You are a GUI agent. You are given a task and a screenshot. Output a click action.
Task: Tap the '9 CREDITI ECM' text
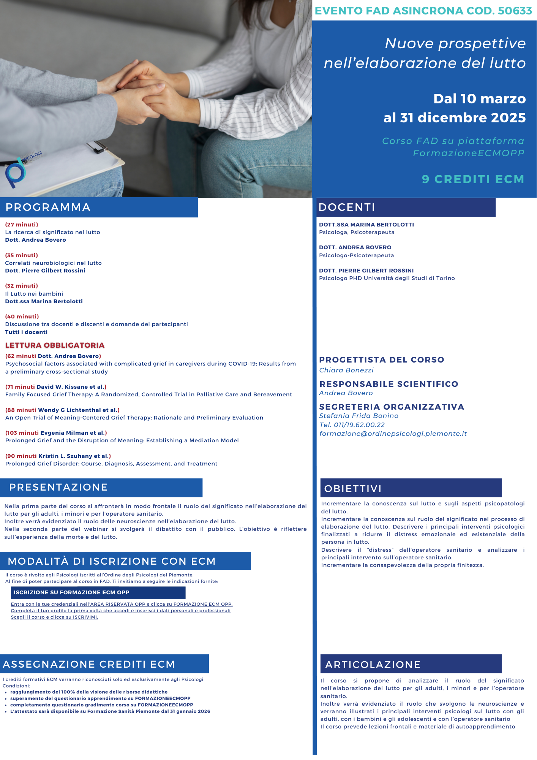pos(473,179)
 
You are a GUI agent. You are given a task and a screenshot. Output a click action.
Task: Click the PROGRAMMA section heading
pos(48,207)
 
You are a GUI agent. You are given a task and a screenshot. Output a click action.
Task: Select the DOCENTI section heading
pos(347,207)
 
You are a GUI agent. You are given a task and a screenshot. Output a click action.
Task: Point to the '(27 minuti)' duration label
pos(22,225)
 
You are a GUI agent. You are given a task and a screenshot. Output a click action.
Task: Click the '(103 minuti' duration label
pos(22,433)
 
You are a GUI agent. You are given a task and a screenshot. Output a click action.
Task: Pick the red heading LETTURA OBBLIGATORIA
pos(55,345)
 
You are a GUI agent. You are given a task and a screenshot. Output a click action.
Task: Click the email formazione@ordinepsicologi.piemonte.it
pos(393,434)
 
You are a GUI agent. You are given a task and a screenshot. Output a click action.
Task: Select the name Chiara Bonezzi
pos(346,370)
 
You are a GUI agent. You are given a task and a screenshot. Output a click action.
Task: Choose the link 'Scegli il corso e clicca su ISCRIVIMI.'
pos(54,617)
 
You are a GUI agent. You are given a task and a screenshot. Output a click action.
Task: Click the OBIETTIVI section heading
pos(353,489)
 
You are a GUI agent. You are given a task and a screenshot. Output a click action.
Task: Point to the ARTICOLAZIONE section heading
pos(373,665)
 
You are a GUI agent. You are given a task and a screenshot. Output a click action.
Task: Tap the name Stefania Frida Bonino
pos(359,416)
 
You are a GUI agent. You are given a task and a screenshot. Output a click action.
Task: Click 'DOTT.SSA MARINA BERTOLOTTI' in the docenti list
pos(366,225)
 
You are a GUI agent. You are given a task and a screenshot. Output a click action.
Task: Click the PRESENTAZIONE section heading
pos(58,487)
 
